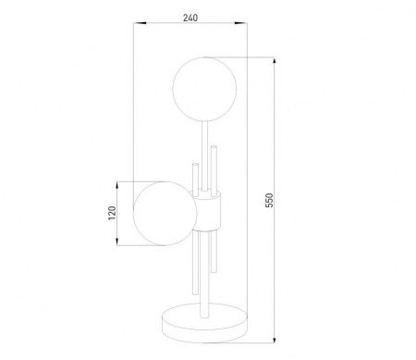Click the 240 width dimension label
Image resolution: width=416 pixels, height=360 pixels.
pos(190,18)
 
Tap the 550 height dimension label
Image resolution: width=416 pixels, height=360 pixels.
pos(269,200)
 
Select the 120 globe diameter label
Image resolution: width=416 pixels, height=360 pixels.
pos(112,213)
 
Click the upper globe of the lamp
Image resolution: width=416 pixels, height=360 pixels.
pos(204,89)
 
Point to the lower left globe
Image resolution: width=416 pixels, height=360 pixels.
pos(165,213)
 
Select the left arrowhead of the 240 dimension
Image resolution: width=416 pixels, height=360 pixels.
pos(140,22)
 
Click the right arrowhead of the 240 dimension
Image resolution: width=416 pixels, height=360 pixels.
pos(240,22)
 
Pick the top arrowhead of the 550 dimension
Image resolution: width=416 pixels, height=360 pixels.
pos(274,61)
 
